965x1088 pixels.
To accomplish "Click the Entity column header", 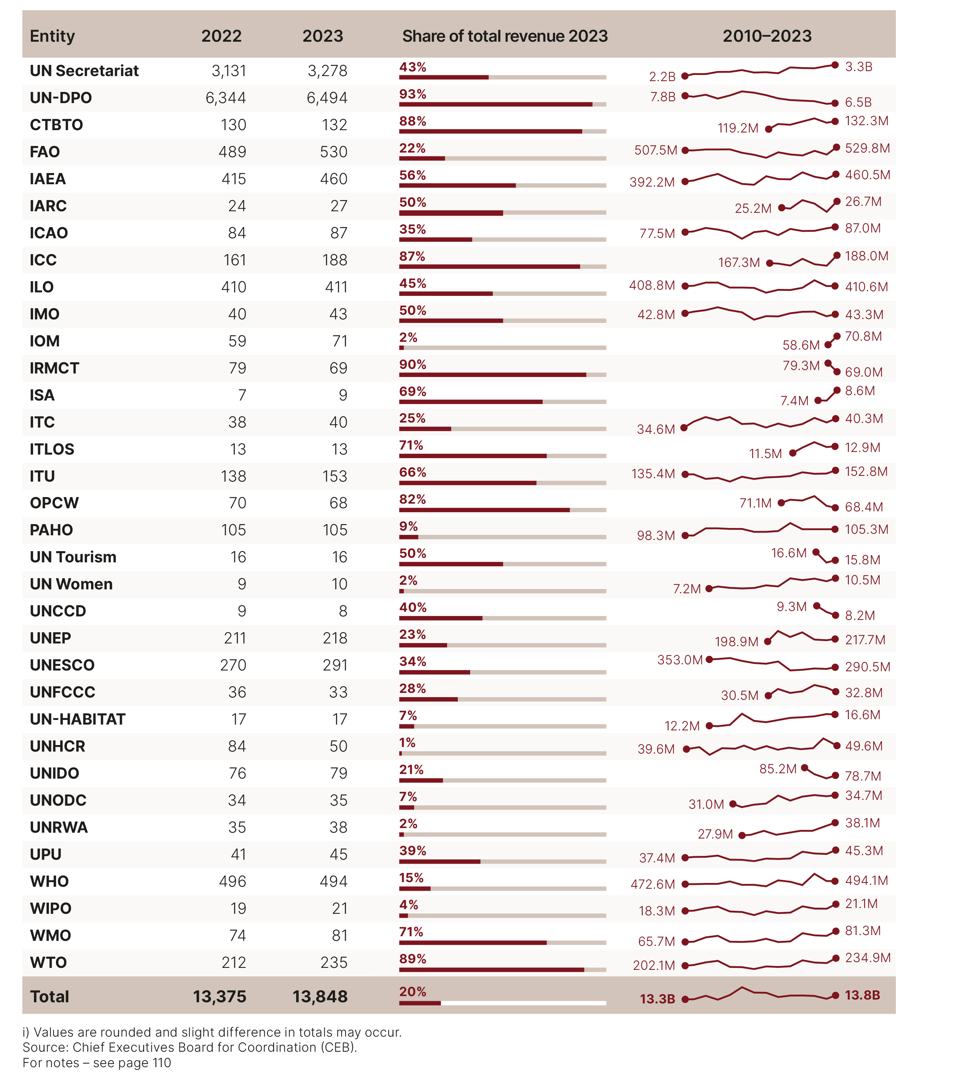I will coord(52,36).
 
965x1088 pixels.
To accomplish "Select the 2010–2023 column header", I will coord(767,36).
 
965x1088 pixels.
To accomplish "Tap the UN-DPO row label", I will coord(61,98).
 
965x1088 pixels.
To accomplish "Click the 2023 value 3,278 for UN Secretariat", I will coord(327,71).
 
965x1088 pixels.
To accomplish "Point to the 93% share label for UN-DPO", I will coord(413,94).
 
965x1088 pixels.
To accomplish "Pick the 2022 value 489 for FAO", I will coord(232,152).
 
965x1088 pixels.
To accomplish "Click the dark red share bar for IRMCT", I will coord(492,375).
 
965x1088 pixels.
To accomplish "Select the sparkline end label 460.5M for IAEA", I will coord(867,175).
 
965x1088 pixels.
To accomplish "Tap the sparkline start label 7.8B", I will coord(662,97).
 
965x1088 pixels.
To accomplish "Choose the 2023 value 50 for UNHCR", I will coord(339,746).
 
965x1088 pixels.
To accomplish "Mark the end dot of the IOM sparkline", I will coord(837,336).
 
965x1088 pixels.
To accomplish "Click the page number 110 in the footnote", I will coord(160,1063).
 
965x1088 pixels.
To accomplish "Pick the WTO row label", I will coord(48,962).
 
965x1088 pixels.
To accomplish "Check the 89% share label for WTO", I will coord(413,959).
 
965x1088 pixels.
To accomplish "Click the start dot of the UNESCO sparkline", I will coord(709,660).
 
